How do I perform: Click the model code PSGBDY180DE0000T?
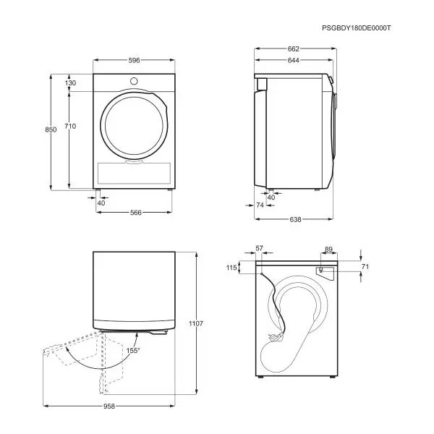point(356,28)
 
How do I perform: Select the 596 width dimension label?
point(134,60)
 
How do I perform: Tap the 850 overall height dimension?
point(51,129)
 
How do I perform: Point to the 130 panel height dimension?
point(71,82)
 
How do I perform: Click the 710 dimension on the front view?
point(70,126)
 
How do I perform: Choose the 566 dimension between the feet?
point(136,213)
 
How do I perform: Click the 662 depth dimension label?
point(294,49)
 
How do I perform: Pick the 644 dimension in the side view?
point(294,60)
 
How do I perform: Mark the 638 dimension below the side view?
point(295,219)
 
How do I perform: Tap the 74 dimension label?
point(260,205)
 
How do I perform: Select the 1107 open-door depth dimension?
point(196,323)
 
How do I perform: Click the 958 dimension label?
point(109,407)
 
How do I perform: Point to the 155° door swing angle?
point(133,350)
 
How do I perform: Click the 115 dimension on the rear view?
point(231,268)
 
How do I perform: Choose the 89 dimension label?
point(328,250)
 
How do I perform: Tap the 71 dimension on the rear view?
point(365,266)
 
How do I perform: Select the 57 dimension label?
point(259,249)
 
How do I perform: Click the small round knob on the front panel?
point(134,81)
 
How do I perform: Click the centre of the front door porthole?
point(134,126)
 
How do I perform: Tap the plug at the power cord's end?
point(275,337)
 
